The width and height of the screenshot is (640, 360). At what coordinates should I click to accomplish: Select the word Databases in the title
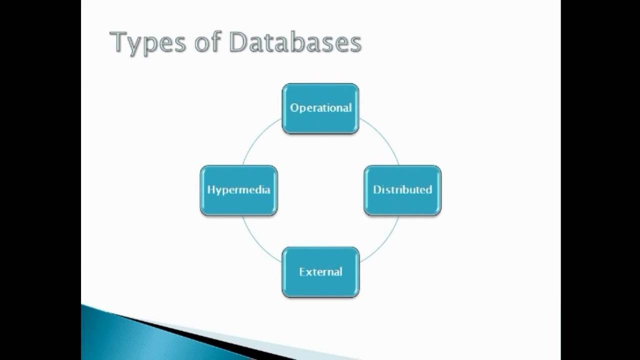[295, 42]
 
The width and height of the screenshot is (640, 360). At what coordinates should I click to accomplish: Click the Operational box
[320, 108]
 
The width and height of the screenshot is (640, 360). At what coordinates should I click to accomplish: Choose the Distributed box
[402, 190]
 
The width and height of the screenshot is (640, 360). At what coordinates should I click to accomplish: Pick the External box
[320, 272]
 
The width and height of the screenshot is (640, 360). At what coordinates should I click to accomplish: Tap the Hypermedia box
[238, 190]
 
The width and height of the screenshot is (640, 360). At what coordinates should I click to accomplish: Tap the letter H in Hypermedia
[210, 190]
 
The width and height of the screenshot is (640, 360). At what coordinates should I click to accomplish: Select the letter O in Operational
[294, 108]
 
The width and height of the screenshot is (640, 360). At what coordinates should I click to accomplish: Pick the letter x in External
[308, 272]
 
